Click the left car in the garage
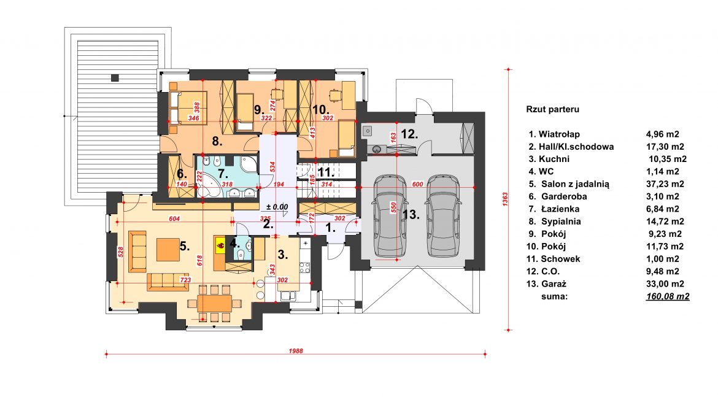point(390,215)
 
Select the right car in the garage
point(443,215)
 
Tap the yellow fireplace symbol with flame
point(220,245)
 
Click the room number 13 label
point(411,214)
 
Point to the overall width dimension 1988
point(296,351)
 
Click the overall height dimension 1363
point(505,199)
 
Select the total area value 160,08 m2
point(668,296)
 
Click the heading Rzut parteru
point(553,109)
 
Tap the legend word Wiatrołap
point(559,134)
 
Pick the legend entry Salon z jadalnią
point(575,184)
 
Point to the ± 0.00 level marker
point(277,207)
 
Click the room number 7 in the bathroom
point(223,174)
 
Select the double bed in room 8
point(187,107)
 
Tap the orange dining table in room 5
point(215,303)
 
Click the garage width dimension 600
point(417,185)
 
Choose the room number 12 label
point(409,134)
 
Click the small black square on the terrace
point(115,78)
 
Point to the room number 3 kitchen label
point(283,255)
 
